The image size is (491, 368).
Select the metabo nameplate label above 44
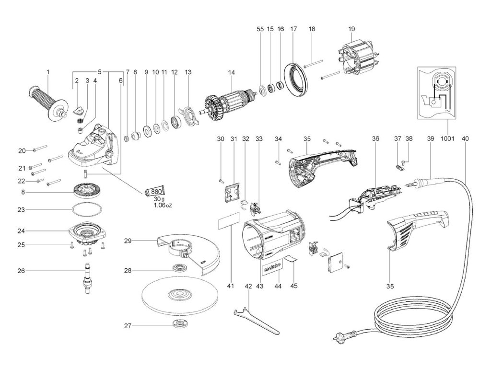point(271,268)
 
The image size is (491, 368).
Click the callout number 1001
point(447,138)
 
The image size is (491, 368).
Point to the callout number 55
point(260,29)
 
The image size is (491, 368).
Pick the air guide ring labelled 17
point(296,80)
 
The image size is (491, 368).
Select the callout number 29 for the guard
point(128,241)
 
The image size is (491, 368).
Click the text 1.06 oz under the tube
point(163,206)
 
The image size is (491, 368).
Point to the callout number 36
point(375,138)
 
